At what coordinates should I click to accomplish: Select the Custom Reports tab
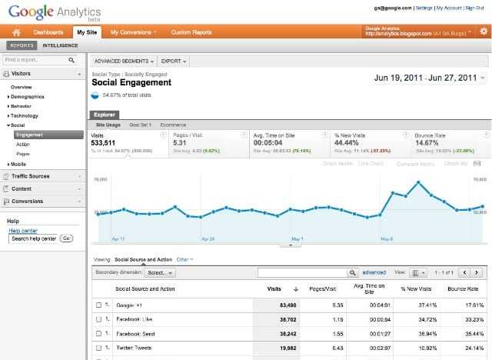pos(191,32)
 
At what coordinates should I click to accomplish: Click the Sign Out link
pos(477,7)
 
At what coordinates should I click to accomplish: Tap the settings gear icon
pos(483,32)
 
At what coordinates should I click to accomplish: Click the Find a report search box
pos(38,59)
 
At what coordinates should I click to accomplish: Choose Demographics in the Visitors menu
pos(28,97)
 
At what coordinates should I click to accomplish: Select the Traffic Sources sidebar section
pos(31,176)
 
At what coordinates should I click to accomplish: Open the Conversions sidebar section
pos(27,202)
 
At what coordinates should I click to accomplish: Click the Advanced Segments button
pos(124,60)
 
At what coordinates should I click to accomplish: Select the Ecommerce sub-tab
pos(173,124)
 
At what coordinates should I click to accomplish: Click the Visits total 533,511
pos(104,142)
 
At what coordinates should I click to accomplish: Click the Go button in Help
pos(66,238)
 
